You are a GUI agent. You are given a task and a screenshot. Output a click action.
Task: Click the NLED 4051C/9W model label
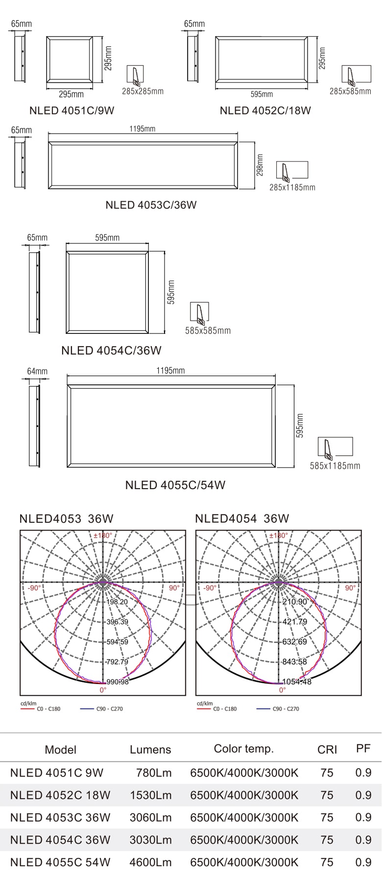[x=72, y=110]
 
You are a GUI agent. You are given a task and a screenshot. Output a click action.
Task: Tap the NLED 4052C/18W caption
[x=265, y=110]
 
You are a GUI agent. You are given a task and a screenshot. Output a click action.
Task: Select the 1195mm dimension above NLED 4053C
[x=143, y=129]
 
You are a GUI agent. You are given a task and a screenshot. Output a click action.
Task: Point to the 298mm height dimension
[x=260, y=165]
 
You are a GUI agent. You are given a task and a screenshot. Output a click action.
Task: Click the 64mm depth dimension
[x=37, y=371]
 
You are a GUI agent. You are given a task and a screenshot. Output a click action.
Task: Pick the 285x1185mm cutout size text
[x=292, y=187]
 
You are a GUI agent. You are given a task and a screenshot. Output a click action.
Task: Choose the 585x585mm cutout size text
[x=208, y=331]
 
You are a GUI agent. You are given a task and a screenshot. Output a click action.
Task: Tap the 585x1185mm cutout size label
[x=335, y=466]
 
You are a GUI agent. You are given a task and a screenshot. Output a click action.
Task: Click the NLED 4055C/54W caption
[x=175, y=485]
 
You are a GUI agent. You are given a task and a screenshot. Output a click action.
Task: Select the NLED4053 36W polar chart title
[x=66, y=519]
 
